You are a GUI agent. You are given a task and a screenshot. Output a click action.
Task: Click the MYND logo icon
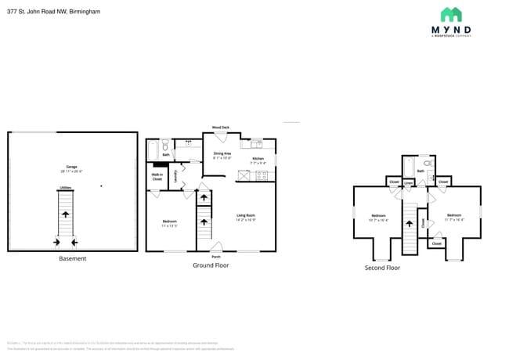(x=450, y=15)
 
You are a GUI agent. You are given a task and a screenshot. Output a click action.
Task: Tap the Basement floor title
(x=72, y=258)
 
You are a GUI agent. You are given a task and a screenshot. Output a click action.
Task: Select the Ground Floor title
(x=210, y=265)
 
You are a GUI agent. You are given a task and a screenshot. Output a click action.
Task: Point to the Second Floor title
(x=382, y=268)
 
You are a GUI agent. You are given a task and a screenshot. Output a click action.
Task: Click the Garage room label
(x=71, y=167)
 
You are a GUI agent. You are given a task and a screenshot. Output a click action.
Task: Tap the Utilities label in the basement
(x=66, y=188)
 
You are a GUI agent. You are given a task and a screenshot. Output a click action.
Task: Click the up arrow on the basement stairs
(x=66, y=213)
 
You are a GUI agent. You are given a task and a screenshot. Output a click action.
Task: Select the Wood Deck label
(x=220, y=127)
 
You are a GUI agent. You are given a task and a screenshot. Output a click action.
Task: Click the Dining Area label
(x=222, y=155)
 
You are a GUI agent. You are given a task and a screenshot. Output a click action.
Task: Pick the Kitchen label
(x=258, y=159)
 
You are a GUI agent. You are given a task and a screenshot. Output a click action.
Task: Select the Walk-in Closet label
(x=157, y=178)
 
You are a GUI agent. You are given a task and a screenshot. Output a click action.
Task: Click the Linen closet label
(x=408, y=182)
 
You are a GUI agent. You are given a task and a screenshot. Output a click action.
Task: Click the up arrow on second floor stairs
(x=409, y=225)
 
